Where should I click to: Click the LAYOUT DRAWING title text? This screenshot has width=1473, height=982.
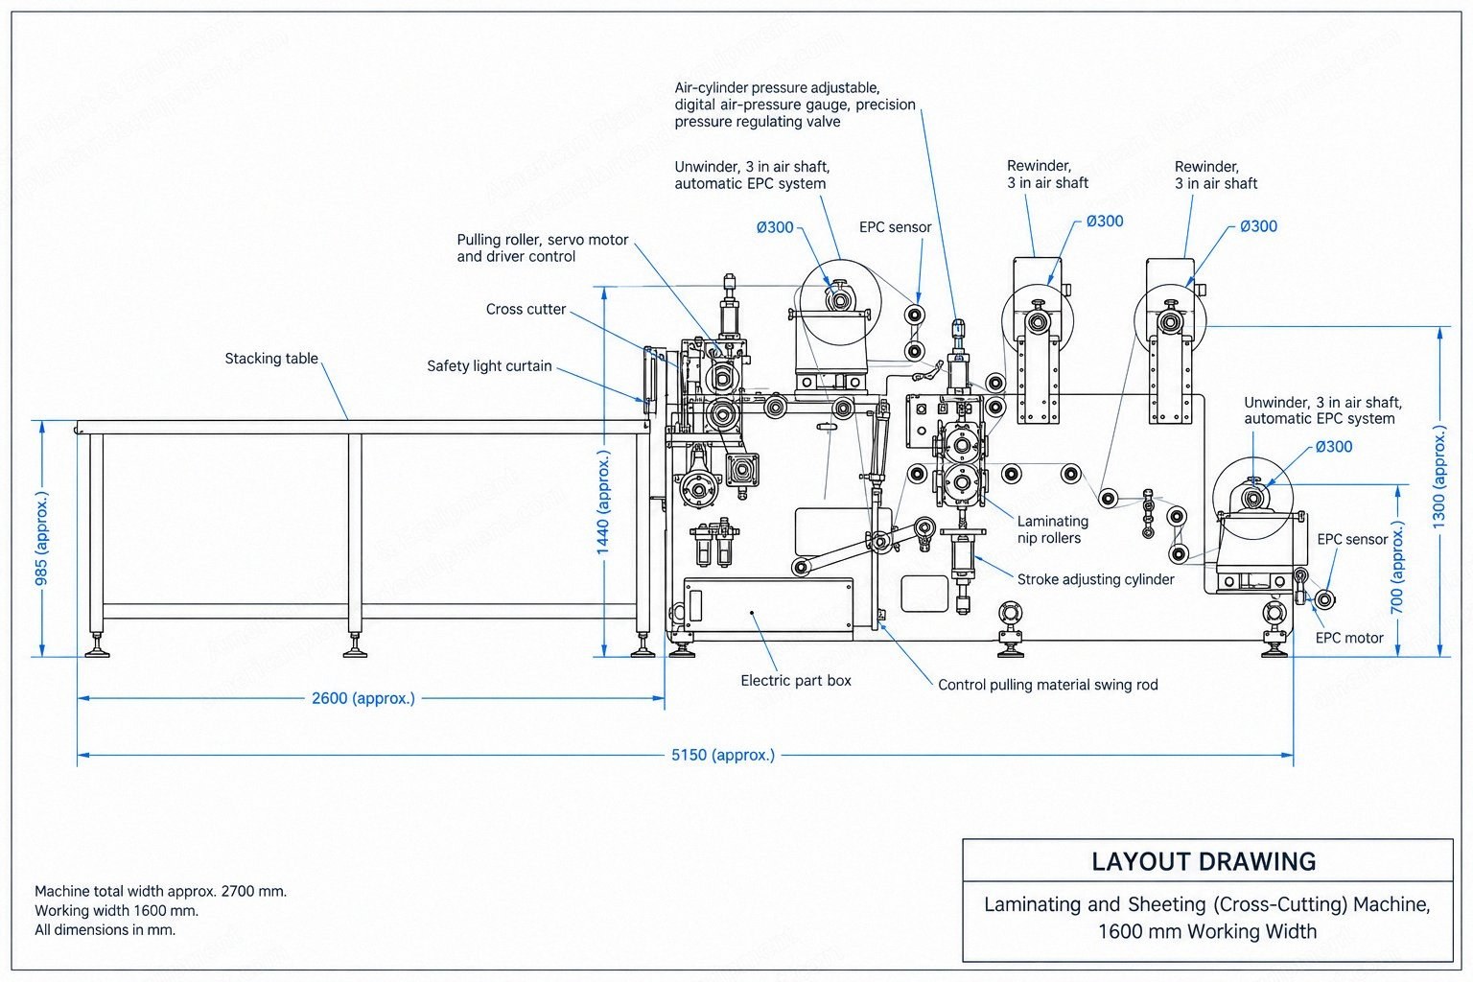(x=1204, y=861)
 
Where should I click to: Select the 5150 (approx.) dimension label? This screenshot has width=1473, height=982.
(x=723, y=755)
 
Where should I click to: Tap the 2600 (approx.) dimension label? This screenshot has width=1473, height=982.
(x=363, y=698)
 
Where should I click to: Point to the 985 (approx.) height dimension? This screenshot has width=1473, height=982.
(x=41, y=538)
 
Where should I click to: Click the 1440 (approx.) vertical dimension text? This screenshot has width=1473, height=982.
(x=603, y=503)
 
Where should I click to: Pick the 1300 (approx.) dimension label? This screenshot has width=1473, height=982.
(x=1438, y=477)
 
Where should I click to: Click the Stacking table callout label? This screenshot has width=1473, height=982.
(x=271, y=359)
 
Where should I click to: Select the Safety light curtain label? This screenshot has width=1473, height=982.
(x=489, y=366)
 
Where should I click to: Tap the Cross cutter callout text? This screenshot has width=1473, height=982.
(x=526, y=309)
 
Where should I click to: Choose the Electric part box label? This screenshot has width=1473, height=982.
(x=796, y=681)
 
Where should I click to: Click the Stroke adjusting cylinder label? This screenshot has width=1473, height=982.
(x=1095, y=579)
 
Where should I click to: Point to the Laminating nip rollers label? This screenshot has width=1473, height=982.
(x=1053, y=529)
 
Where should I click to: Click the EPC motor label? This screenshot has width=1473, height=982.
(x=1349, y=638)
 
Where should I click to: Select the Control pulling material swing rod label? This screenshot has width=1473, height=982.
(x=1047, y=685)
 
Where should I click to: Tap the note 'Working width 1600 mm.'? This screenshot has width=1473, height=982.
(x=116, y=911)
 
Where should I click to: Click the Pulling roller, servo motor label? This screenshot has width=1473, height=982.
(x=543, y=240)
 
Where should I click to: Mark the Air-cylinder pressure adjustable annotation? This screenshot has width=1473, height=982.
(x=777, y=88)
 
